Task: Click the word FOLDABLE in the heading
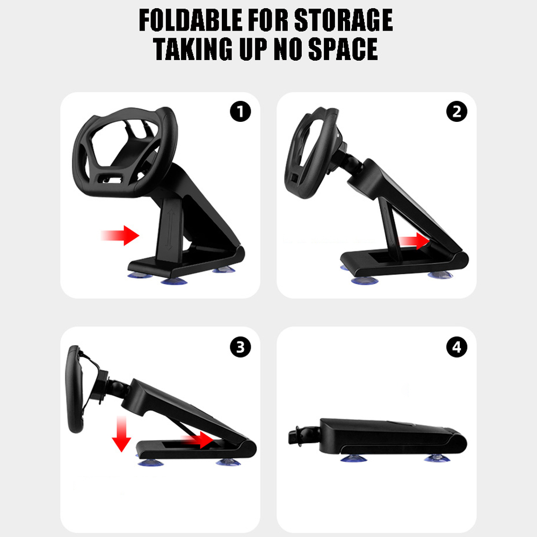tap(191, 20)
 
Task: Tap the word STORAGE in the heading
tap(344, 20)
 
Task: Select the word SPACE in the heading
tap(343, 49)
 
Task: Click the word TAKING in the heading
tap(193, 49)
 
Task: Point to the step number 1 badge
tap(241, 111)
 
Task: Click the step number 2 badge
tap(457, 111)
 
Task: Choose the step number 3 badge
tap(241, 347)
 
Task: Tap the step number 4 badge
tap(457, 347)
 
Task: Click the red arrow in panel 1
tap(120, 235)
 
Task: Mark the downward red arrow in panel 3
tap(121, 434)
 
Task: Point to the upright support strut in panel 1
tap(170, 229)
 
